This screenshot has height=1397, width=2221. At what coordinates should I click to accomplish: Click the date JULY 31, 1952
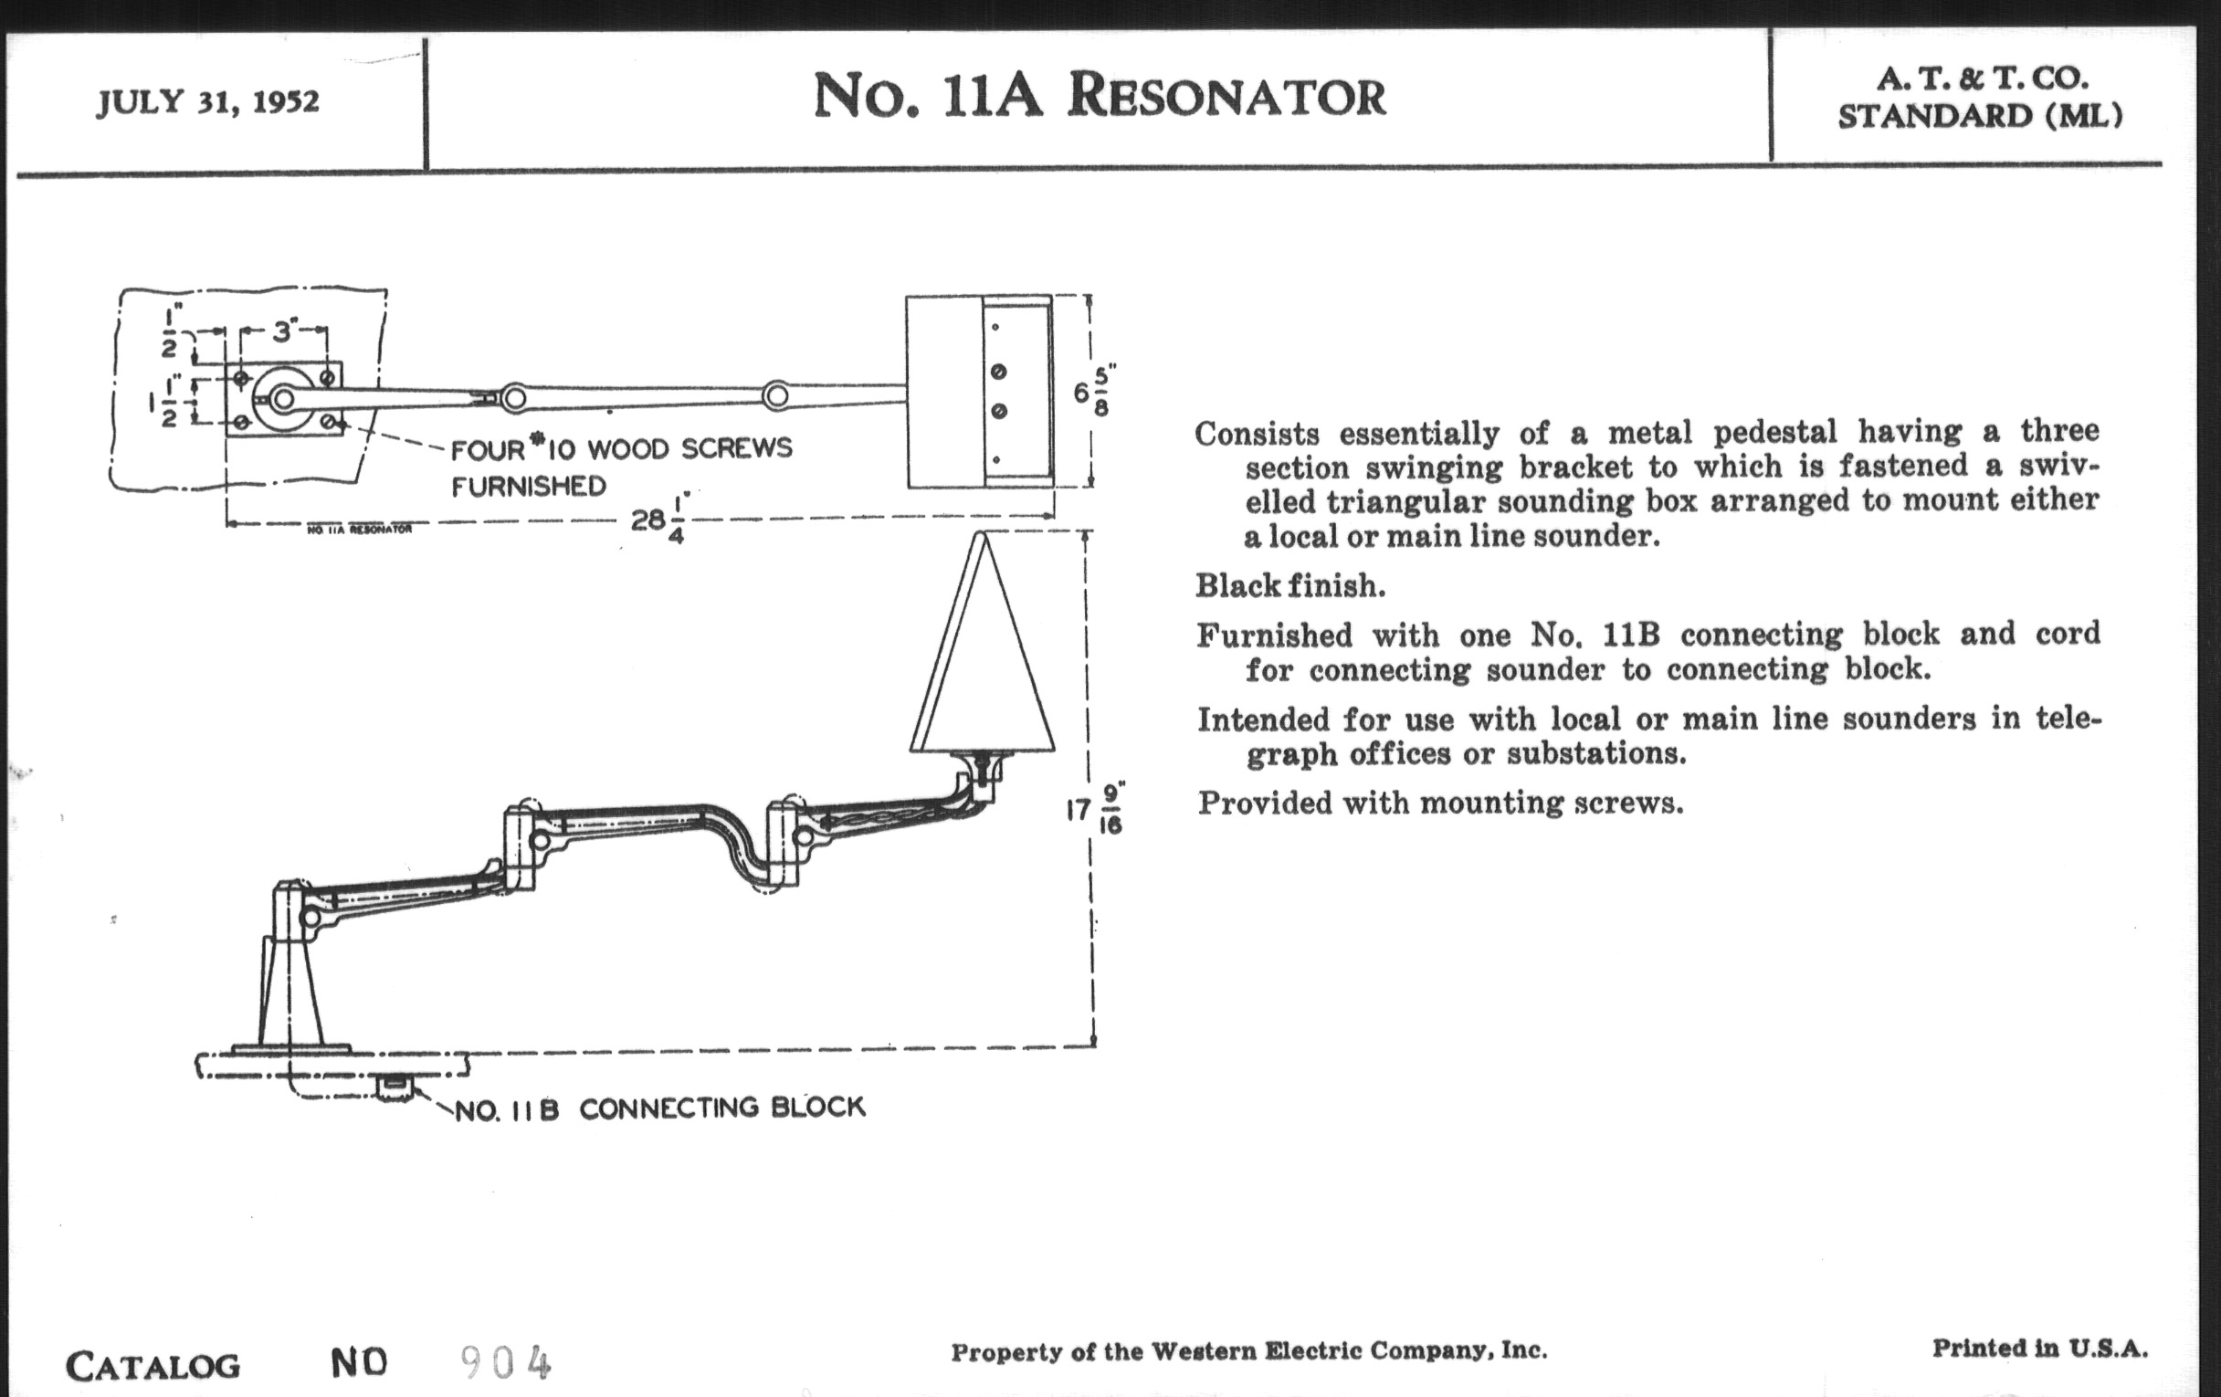[x=207, y=101]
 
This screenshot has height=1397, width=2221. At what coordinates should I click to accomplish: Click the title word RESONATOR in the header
[x=1226, y=97]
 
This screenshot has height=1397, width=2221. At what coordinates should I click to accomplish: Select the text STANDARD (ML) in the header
[x=1979, y=117]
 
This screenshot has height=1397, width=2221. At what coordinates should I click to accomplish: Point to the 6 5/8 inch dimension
[x=1094, y=392]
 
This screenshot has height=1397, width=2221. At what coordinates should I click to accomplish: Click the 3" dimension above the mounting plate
[x=282, y=331]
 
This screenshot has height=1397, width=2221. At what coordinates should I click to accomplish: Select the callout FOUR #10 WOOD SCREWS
[x=621, y=449]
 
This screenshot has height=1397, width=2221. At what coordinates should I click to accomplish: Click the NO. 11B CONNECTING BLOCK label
[x=660, y=1108]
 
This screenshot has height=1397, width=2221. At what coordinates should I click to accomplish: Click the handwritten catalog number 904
[x=505, y=1363]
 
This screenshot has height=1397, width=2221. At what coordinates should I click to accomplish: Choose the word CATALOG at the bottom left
[x=153, y=1366]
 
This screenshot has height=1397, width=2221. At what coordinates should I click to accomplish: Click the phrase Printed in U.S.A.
[x=2040, y=1348]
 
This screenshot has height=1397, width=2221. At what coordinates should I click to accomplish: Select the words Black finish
[x=1290, y=585]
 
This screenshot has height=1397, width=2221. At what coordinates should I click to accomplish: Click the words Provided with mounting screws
[x=1440, y=804]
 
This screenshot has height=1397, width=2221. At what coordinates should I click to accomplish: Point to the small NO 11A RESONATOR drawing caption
[x=359, y=530]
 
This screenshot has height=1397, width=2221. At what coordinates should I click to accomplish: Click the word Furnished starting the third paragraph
[x=1274, y=635]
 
